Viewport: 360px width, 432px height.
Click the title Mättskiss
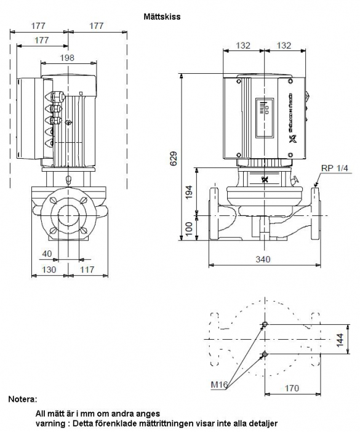162,17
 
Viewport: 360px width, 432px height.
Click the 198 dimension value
68,58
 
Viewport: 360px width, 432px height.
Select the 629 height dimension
174,158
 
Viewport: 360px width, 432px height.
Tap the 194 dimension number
189,192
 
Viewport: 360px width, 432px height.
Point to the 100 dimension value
189,229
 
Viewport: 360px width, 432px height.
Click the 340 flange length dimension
263,259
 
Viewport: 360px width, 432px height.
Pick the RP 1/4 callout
334,168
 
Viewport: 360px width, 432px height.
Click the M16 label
219,385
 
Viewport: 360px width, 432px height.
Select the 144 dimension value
340,340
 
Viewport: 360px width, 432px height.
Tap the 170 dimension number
292,388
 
